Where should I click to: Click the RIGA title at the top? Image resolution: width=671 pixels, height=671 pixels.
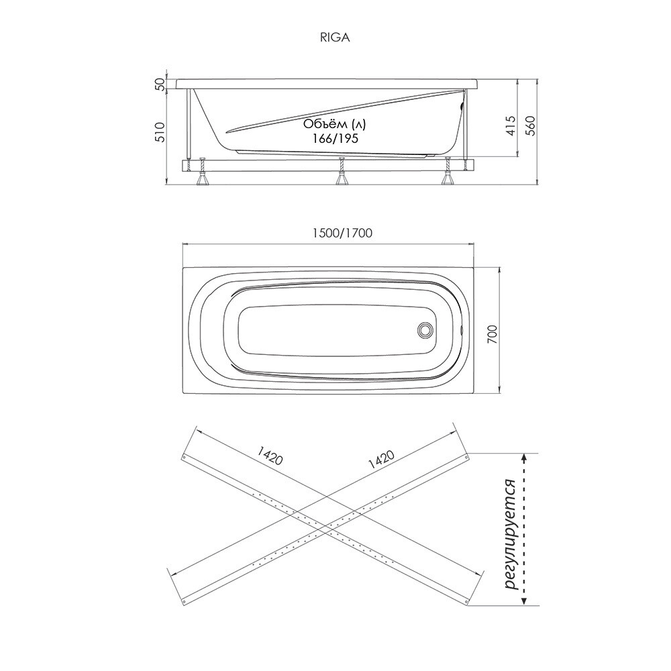tap(335, 38)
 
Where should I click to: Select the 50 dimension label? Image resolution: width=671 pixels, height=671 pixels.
tap(160, 85)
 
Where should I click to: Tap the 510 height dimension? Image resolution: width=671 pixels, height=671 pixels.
tap(160, 132)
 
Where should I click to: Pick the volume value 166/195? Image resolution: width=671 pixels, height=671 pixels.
tap(335, 139)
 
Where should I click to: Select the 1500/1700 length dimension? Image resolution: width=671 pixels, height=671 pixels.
tap(342, 233)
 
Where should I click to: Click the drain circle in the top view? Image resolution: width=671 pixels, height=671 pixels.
tap(425, 330)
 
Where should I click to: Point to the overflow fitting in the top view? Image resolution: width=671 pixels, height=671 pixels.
tap(461, 330)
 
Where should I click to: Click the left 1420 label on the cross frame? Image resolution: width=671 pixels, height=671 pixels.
tap(270, 456)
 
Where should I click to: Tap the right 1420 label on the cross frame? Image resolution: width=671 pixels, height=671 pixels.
tap(380, 460)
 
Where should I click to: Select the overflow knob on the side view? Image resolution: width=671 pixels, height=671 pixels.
tap(462, 106)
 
